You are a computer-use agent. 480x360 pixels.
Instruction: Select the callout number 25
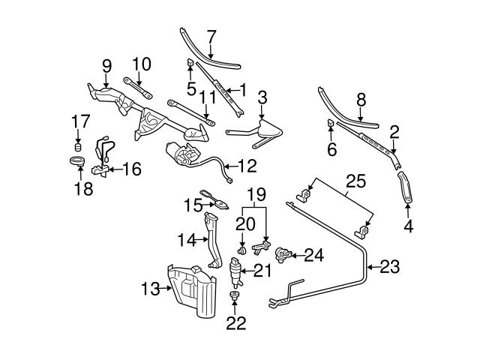click(355, 181)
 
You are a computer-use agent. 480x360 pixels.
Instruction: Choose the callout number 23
click(391, 266)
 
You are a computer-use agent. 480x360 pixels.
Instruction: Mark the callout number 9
click(106, 65)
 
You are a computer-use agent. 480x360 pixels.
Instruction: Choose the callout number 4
click(408, 224)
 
